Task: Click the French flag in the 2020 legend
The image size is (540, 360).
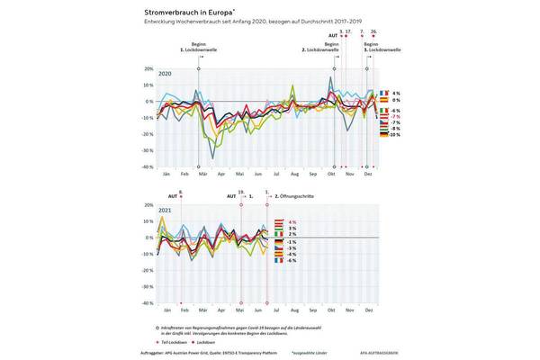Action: point(384,94)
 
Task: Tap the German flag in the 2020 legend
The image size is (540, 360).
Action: point(384,135)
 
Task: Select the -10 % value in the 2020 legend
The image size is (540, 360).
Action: point(396,135)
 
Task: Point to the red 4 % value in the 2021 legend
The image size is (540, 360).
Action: point(292,221)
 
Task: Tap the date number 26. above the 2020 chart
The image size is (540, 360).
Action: point(373,30)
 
